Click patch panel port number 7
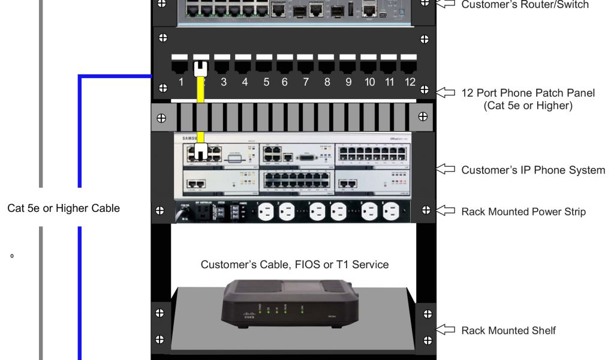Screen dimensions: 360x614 point(305,63)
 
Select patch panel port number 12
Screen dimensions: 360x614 point(410,63)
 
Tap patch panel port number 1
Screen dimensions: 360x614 point(180,63)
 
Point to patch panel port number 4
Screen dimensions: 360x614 point(243,63)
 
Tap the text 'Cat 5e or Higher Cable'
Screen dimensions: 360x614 point(64,209)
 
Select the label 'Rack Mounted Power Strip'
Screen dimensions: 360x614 point(523,211)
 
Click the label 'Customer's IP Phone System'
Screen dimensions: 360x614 point(533,170)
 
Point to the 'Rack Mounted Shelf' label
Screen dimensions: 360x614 point(508,330)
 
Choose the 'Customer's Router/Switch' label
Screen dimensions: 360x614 point(525,5)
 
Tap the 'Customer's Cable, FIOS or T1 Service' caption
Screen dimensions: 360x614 point(294,264)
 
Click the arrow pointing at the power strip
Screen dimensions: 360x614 point(446,211)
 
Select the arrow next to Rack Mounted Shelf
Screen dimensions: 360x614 point(446,329)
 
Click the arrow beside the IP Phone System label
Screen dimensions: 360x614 point(446,170)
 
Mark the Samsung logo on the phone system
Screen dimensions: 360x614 point(186,138)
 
